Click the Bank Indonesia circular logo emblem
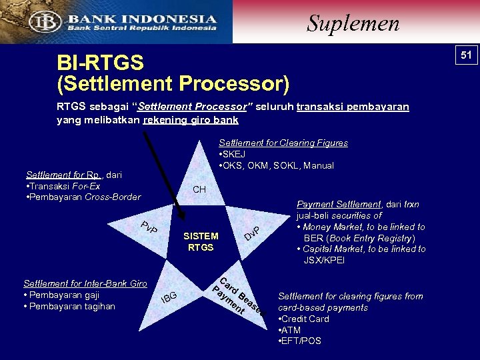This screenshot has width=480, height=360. tap(49, 21)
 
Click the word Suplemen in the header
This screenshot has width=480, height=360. tap(353, 23)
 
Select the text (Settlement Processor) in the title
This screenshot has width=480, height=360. tap(173, 85)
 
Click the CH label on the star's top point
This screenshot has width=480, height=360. tap(199, 190)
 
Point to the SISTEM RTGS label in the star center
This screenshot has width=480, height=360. tap(201, 241)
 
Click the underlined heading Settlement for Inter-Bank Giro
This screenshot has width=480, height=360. tap(85, 283)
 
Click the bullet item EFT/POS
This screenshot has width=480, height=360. tap(299, 341)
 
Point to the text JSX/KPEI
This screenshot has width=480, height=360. tap(325, 260)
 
